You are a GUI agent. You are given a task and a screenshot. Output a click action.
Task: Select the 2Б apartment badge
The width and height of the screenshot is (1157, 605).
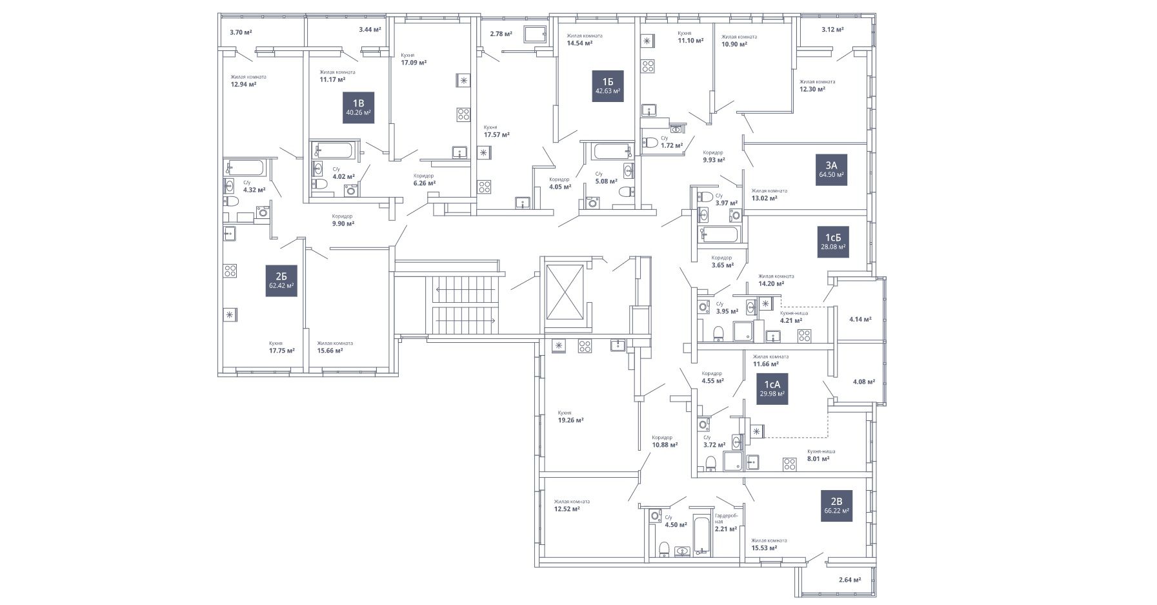click(x=281, y=280)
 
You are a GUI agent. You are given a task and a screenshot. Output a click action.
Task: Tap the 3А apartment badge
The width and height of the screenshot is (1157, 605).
click(x=831, y=170)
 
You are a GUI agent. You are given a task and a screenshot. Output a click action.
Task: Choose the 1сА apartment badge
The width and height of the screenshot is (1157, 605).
click(x=772, y=388)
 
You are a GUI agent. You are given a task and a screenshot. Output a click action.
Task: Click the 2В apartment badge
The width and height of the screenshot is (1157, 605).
click(x=836, y=506)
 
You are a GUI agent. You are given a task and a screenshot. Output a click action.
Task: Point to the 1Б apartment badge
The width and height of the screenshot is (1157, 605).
click(x=608, y=86)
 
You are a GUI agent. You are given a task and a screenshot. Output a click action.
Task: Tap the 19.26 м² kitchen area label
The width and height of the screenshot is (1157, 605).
click(x=570, y=420)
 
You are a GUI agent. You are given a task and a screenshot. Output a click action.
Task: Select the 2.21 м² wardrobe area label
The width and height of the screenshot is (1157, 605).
click(x=726, y=528)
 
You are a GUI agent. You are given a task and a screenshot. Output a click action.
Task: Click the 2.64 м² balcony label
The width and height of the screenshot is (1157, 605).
click(x=850, y=580)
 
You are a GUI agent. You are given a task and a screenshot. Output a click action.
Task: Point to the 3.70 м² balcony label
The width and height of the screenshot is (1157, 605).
click(x=241, y=32)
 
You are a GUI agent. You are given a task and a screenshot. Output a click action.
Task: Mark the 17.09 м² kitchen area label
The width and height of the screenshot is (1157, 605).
click(x=414, y=63)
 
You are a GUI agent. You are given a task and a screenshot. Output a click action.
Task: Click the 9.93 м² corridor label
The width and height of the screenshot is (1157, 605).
click(x=714, y=160)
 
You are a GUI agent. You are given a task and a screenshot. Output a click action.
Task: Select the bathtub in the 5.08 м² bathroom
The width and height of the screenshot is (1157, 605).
click(x=609, y=152)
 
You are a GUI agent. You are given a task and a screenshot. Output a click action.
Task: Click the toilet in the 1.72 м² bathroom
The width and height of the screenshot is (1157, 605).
click(x=652, y=141)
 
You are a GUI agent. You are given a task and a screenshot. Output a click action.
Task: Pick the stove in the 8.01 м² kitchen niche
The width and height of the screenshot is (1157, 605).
click(x=789, y=463)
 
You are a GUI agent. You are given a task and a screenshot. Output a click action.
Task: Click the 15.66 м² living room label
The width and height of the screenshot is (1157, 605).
click(x=330, y=351)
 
